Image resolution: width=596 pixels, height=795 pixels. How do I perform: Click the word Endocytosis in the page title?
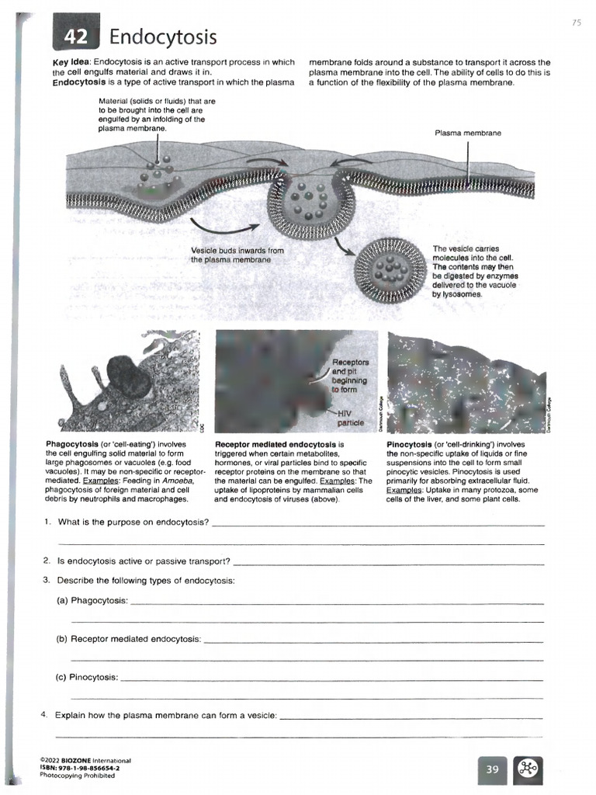(163, 36)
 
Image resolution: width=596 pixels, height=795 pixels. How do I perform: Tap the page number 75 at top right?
(576, 23)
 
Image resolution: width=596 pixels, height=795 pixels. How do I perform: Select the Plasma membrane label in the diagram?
(468, 133)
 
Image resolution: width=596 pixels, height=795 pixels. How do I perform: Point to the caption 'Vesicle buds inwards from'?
(237, 251)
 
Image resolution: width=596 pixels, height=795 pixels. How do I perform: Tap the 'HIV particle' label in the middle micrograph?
(349, 418)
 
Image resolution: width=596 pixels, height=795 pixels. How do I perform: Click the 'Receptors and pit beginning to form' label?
(350, 376)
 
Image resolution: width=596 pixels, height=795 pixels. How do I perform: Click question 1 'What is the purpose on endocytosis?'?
(133, 522)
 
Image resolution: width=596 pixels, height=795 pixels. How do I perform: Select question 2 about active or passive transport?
(144, 560)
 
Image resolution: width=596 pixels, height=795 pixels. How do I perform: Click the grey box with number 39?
(491, 769)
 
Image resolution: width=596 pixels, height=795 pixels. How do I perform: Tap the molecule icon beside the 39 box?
(528, 769)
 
